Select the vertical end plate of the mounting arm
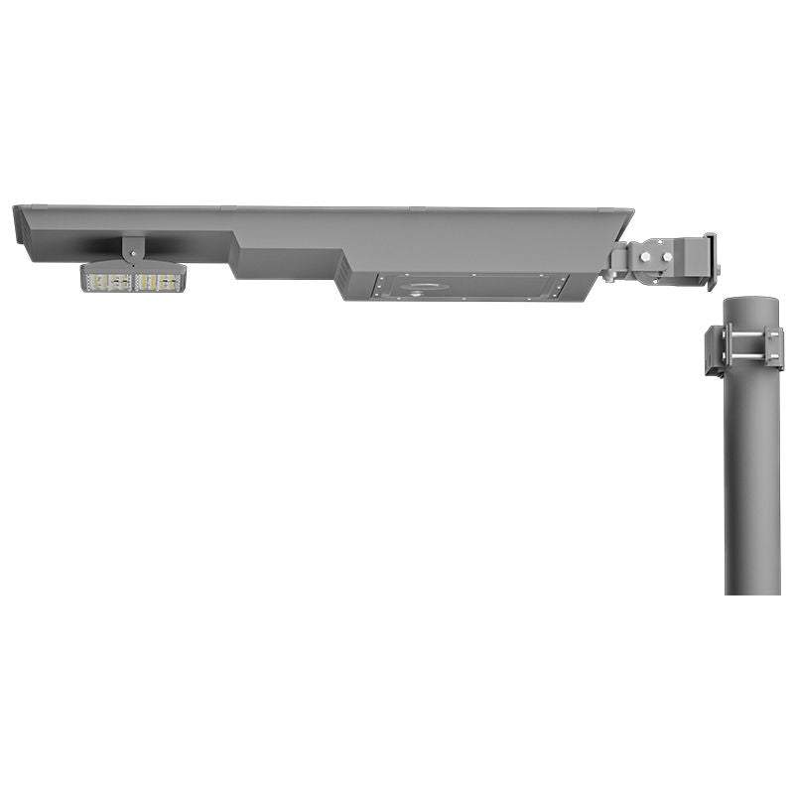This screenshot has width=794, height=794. pyautogui.click(x=710, y=260)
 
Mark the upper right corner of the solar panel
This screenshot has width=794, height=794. pyautogui.click(x=630, y=209)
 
